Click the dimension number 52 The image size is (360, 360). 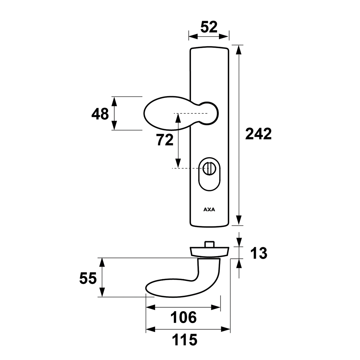coord(209,27)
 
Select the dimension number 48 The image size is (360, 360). coord(100,114)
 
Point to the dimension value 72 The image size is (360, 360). coord(165,140)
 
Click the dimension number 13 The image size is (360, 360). coord(259,253)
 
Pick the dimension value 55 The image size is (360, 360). coord(88,279)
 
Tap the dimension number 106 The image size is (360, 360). coord(184,318)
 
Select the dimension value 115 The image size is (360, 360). coord(185,340)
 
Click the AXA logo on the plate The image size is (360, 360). coord(209,209)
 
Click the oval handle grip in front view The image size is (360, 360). coord(167,113)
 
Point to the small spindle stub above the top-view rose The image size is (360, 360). coord(209,244)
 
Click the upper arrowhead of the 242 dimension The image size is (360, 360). coord(239,50)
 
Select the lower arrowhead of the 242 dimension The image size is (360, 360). coord(239,220)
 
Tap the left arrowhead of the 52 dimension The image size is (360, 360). coord(193,36)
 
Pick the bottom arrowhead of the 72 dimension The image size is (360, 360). coord(177,163)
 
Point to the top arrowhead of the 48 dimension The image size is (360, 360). coord(114,102)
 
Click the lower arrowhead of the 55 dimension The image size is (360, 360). coord(102,292)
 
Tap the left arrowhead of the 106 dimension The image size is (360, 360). coord(151,307)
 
